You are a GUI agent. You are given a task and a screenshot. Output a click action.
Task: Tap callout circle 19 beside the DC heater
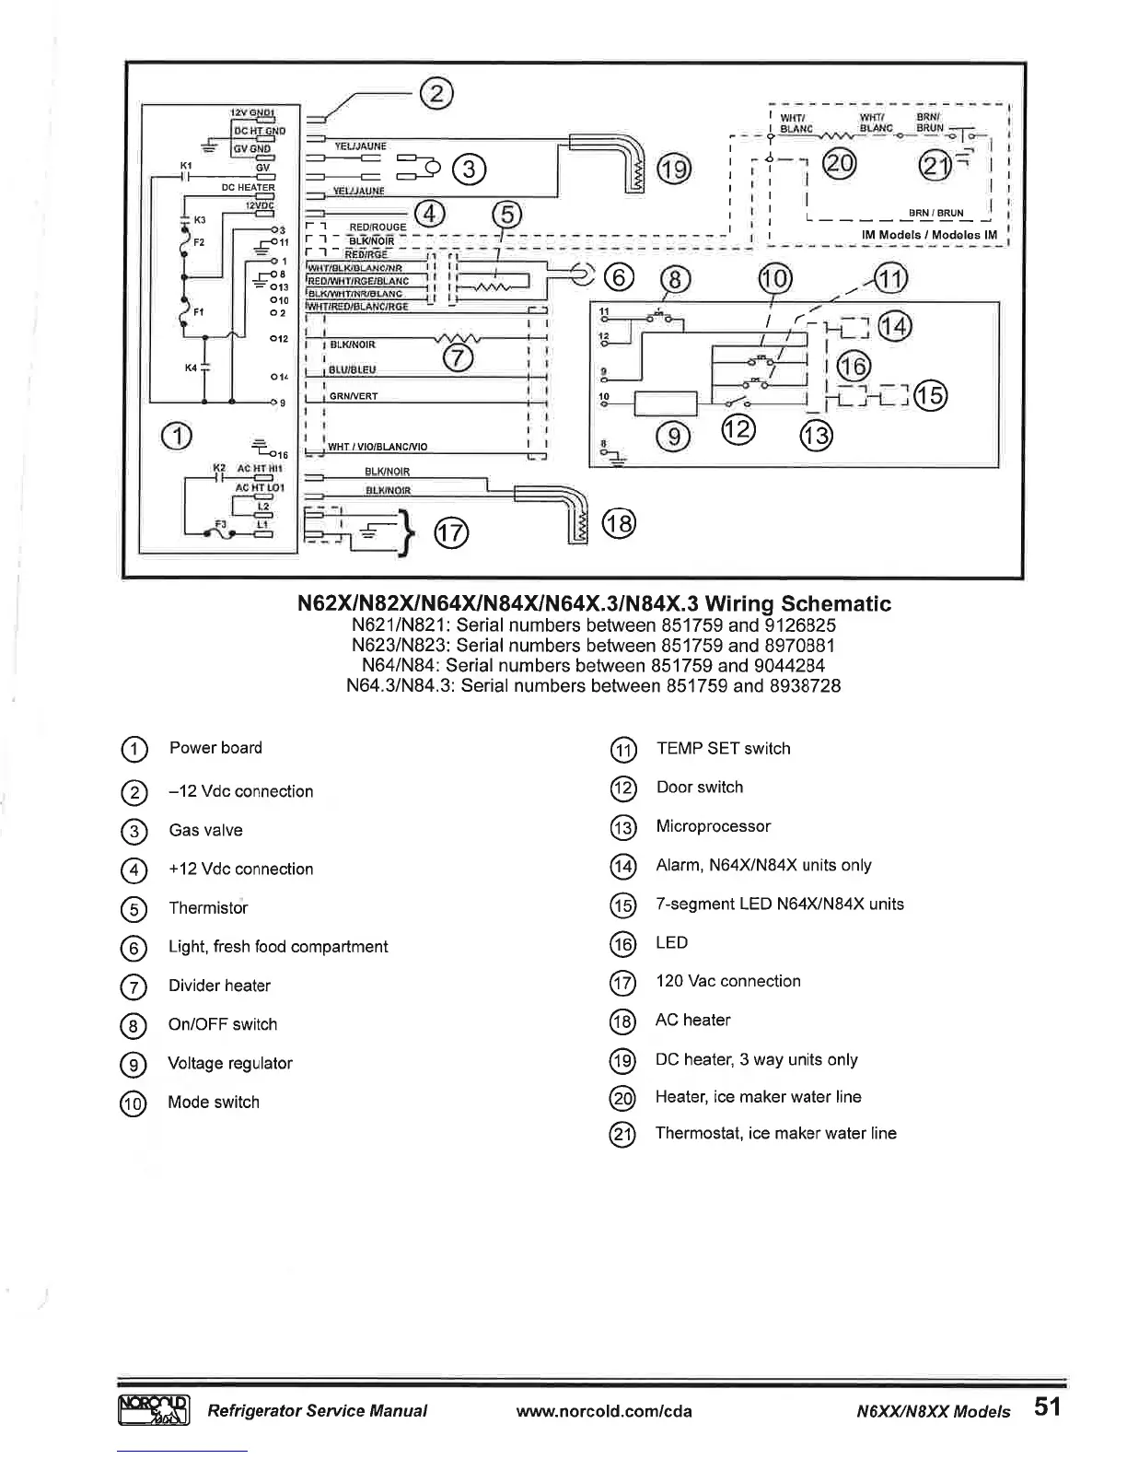673,170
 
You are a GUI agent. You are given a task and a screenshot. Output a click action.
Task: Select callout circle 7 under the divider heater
459,358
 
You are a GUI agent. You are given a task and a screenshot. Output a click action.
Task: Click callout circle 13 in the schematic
817,435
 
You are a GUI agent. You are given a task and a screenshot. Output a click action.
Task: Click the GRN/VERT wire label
354,396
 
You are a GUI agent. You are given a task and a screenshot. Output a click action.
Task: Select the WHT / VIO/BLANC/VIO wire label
378,447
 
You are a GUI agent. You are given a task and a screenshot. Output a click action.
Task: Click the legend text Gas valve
205,830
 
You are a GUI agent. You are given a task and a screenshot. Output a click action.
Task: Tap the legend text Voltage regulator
230,1063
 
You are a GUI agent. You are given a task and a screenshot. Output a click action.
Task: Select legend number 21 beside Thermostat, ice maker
623,1135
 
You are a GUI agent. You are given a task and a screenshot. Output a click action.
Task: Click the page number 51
1047,1406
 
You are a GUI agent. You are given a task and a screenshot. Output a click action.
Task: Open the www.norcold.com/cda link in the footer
604,1411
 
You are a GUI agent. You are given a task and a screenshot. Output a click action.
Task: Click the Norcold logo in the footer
154,1409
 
